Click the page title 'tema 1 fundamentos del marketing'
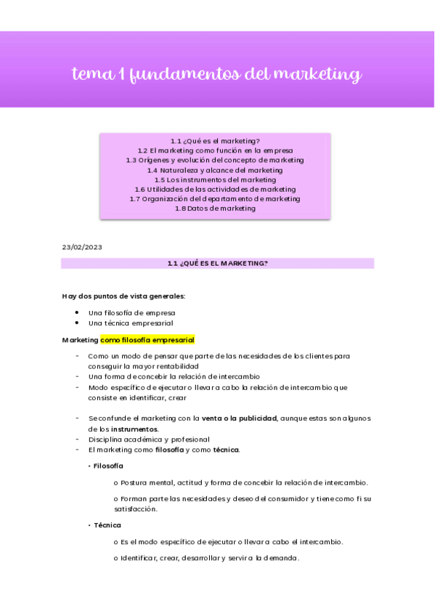point(216,74)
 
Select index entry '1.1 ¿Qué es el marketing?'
point(215,141)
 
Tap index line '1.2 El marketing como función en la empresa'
point(215,150)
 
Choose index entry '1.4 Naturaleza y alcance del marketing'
point(215,170)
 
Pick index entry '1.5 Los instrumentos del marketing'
point(215,179)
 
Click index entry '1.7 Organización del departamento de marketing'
point(215,198)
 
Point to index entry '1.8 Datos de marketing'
point(215,208)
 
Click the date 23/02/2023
point(82,247)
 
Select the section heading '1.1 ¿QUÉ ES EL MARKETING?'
point(217,264)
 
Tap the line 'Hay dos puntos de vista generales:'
point(123,296)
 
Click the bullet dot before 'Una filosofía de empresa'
point(77,312)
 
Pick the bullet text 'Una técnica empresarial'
point(131,323)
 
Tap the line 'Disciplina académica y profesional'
point(148,439)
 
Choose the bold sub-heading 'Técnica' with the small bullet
point(107,524)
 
